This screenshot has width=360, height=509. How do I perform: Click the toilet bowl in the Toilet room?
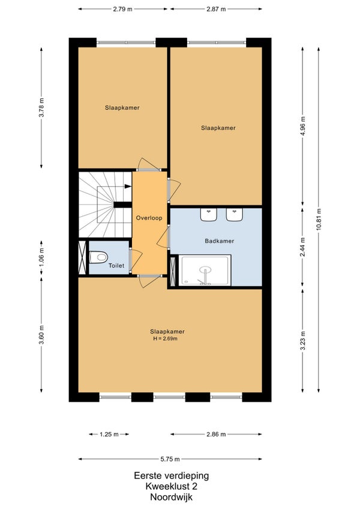tap(98, 258)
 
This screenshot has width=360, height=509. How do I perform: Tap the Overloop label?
tap(149, 218)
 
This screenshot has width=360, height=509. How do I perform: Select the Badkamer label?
tap(220, 241)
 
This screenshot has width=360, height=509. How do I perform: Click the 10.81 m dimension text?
tap(318, 220)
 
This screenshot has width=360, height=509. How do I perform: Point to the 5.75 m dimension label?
tap(170, 459)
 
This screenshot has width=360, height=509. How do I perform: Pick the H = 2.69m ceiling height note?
tap(166, 339)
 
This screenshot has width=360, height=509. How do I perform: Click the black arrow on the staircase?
tap(128, 186)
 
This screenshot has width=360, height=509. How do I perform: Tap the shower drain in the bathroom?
tap(205, 270)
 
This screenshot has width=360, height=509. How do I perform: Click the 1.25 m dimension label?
tap(109, 435)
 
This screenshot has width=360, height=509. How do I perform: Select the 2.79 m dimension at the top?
tap(123, 9)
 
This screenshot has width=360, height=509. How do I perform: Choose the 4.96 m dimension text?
tap(302, 127)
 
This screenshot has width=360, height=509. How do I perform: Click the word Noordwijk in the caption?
tap(171, 497)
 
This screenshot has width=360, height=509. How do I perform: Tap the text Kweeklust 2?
tap(171, 486)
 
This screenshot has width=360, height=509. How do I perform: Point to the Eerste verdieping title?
tap(172, 476)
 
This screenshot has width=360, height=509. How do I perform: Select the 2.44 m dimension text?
tap(302, 247)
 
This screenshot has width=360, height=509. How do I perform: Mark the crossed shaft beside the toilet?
tap(82, 257)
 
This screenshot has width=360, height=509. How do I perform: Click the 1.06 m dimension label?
tap(41, 258)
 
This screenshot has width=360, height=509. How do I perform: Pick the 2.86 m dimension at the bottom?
tap(216, 435)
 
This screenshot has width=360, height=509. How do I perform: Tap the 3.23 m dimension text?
tap(302, 340)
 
